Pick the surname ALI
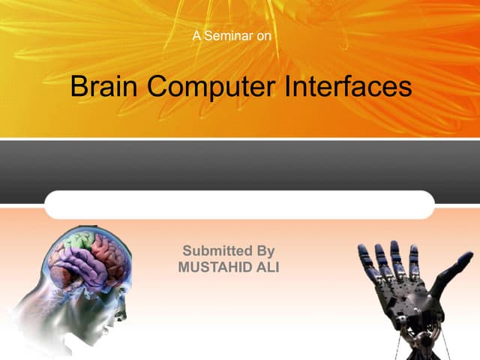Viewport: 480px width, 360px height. click(267, 266)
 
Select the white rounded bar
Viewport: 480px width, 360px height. click(239, 205)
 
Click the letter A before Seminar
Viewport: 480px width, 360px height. click(197, 35)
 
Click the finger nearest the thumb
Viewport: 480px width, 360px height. click(415, 259)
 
